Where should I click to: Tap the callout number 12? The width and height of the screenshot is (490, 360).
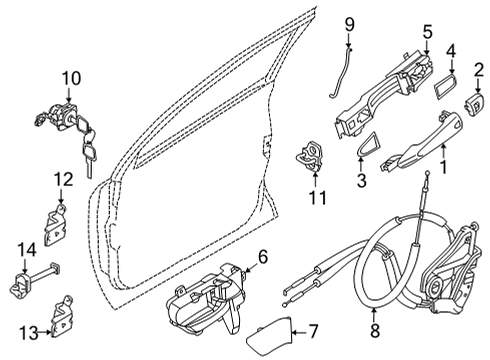point(62,180)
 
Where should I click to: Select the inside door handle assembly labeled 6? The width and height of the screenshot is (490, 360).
point(205,299)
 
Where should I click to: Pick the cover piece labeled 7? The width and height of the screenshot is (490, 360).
point(269,333)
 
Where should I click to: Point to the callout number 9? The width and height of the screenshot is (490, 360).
point(350,23)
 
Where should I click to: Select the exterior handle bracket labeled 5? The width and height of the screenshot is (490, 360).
point(381,80)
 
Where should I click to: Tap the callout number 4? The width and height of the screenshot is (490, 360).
point(451,49)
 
